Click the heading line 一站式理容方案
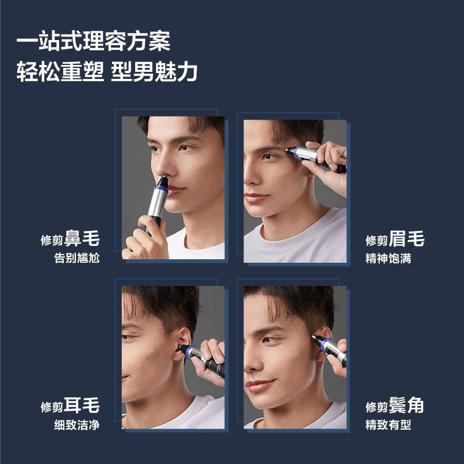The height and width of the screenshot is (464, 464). tap(93, 42)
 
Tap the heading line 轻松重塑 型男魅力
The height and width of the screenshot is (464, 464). tap(107, 72)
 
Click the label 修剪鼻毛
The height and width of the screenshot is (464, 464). tap(70, 238)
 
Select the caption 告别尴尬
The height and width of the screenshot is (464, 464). tap(77, 258)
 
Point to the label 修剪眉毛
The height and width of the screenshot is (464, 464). tap(394, 238)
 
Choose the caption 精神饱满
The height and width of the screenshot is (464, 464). tap(388, 258)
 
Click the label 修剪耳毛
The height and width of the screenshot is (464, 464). tap(70, 405)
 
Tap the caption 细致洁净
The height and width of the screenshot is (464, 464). tap(77, 425)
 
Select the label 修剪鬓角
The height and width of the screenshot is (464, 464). tap(394, 405)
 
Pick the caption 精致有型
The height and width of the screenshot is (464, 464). tap(388, 425)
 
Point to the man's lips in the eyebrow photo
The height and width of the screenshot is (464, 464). tap(256, 198)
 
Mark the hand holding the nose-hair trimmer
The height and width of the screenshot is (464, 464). tap(145, 238)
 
